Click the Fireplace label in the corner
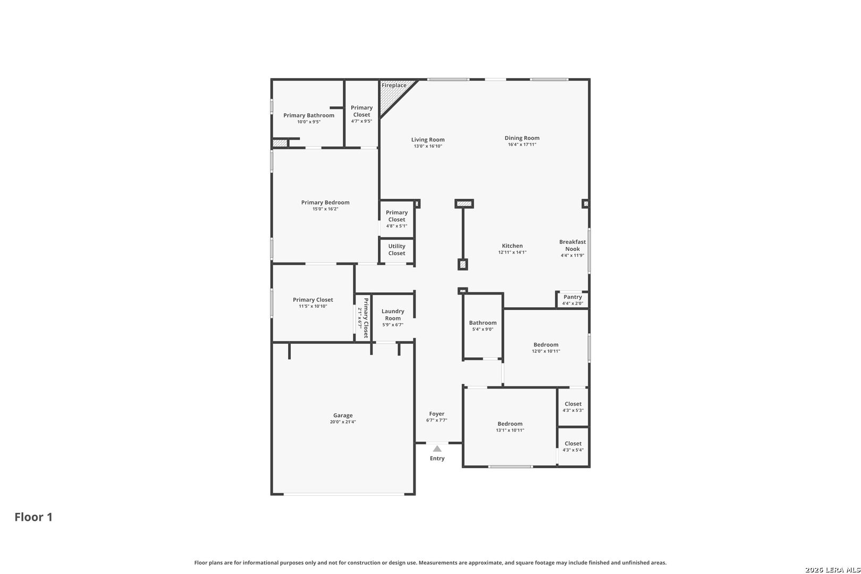(x=394, y=86)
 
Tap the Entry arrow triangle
(x=437, y=449)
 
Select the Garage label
(x=343, y=415)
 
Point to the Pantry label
(x=573, y=297)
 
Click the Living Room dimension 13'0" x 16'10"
(x=428, y=146)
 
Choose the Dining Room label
(x=522, y=138)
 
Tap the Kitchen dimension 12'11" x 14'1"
(x=512, y=252)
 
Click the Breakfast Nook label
(x=573, y=246)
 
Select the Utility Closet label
(x=396, y=249)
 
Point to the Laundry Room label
(x=393, y=315)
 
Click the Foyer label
(x=437, y=413)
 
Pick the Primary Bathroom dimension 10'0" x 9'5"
(x=309, y=122)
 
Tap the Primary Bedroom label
(x=325, y=202)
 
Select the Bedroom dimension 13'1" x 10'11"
(x=510, y=430)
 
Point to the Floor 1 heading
(x=33, y=517)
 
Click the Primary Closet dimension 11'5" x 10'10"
(x=313, y=307)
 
